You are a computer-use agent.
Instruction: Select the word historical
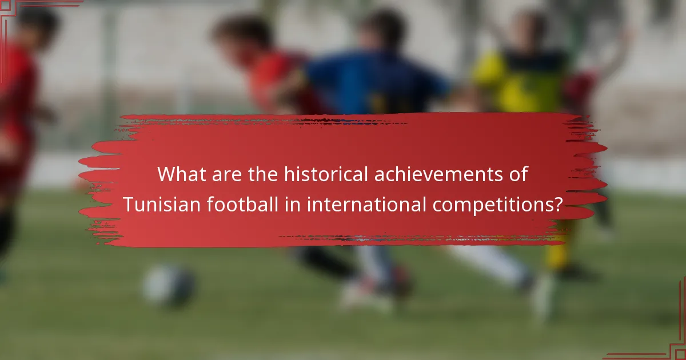point(320,174)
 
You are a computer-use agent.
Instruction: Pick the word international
point(366,204)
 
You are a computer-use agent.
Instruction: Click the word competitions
point(492,205)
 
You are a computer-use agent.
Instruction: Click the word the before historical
point(262,174)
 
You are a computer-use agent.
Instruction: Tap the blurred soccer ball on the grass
point(169,286)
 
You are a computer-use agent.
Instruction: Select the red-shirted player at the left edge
point(17,126)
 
